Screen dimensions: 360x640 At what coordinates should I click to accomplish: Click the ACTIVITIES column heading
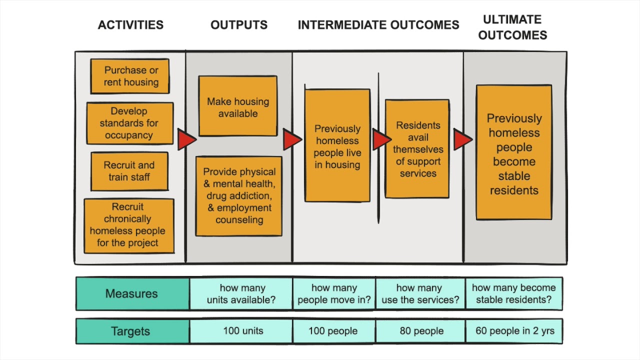[130, 25]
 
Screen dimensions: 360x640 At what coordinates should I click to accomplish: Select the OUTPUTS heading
[239, 25]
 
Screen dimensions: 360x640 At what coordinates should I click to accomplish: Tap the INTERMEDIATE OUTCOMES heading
[378, 25]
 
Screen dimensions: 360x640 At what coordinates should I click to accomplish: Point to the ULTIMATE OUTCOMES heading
[512, 27]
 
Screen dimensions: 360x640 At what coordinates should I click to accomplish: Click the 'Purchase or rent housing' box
[130, 76]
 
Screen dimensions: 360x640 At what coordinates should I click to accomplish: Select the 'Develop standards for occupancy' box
[130, 123]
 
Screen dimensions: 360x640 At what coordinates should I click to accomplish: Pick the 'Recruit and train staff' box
[129, 171]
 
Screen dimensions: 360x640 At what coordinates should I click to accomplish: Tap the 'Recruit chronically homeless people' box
[129, 225]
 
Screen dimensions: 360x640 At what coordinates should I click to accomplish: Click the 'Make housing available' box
[238, 106]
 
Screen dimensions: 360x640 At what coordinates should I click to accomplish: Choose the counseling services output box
[239, 196]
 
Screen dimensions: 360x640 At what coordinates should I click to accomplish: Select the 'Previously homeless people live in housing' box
[337, 146]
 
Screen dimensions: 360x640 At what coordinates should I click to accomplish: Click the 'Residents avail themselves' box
[417, 149]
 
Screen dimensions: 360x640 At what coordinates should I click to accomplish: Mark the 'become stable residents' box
[514, 153]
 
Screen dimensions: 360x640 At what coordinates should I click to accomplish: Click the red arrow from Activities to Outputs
[186, 140]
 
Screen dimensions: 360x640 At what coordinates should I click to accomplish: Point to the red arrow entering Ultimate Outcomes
[462, 139]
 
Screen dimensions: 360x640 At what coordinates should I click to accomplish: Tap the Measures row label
[132, 293]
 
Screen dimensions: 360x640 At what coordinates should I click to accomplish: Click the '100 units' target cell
[242, 331]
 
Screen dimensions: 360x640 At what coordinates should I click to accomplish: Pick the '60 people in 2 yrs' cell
[513, 331]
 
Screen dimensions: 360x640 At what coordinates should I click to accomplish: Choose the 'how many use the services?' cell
[420, 293]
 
